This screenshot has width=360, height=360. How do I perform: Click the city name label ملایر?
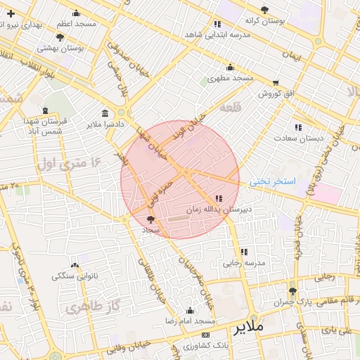point(250,328)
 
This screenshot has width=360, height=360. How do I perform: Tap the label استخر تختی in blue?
point(273,181)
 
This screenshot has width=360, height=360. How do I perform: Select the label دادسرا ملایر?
point(105,124)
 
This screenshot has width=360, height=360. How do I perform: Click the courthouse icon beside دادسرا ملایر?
point(105,114)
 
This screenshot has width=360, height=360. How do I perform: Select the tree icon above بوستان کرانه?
point(264,10)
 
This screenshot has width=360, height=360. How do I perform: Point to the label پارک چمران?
point(292,302)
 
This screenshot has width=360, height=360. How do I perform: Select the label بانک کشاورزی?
point(205,346)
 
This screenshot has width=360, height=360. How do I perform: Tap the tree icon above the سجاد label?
point(150,220)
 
